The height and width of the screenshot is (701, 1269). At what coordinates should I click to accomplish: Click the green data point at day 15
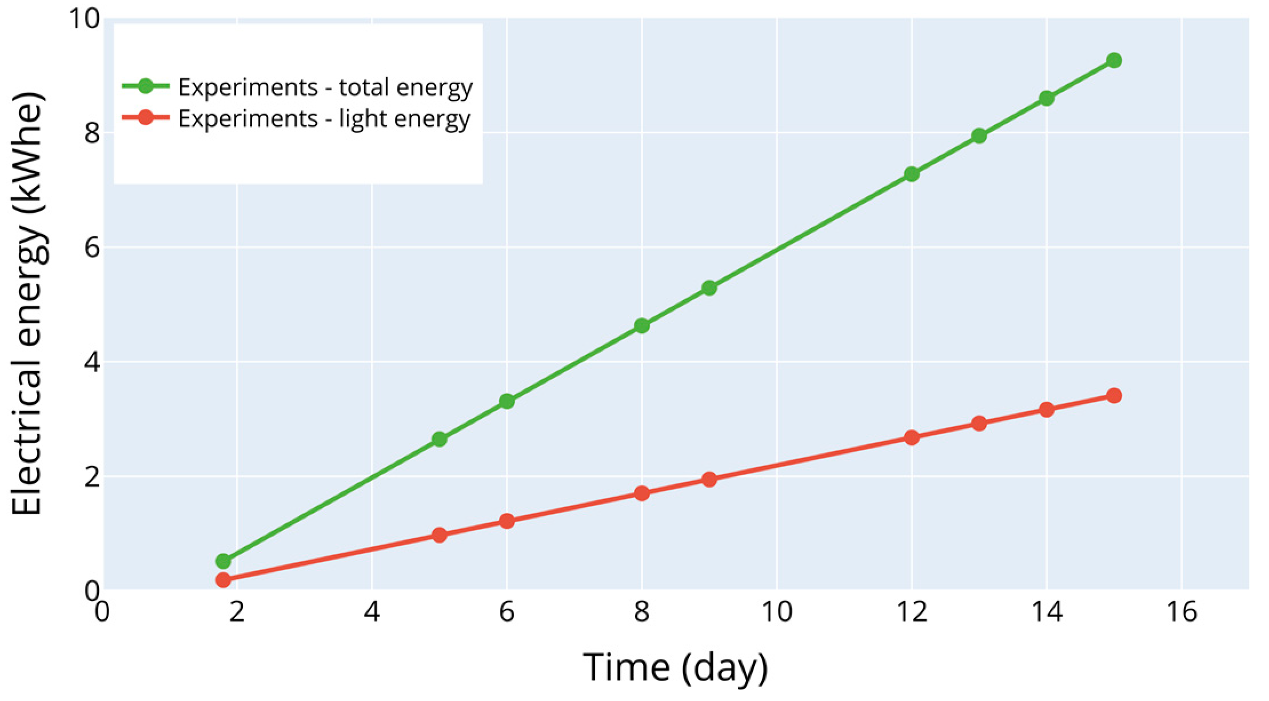pos(1114,60)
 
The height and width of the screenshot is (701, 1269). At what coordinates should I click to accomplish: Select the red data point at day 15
pos(1114,396)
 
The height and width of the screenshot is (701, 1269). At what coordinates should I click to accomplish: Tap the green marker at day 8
pos(641,326)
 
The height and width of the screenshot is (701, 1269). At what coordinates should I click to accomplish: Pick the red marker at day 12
pos(911,438)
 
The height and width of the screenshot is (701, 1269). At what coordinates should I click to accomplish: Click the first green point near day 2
pos(224,561)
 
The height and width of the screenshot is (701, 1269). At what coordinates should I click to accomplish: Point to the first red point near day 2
pos(224,580)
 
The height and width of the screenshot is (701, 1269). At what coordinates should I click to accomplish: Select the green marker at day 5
pos(439,440)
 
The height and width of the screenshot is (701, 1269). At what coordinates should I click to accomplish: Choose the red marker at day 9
pos(709,479)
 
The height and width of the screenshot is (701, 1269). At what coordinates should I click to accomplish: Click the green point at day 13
pos(979,136)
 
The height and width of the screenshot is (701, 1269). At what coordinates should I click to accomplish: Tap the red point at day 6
pos(506,521)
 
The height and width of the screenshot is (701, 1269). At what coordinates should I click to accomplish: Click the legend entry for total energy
pos(325,87)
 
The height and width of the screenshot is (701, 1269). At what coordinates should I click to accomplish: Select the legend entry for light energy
pos(324,118)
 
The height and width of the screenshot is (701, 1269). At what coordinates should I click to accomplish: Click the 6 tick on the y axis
pos(91,247)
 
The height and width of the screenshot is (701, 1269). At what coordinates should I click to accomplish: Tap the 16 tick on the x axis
pos(1181,612)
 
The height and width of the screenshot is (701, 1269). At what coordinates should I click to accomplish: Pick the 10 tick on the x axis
pos(776,612)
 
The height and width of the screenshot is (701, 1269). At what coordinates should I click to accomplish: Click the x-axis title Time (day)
pos(675,667)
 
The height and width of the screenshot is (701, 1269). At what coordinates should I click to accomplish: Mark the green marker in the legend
pos(146,86)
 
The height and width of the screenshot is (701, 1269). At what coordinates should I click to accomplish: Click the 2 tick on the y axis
pos(91,476)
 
